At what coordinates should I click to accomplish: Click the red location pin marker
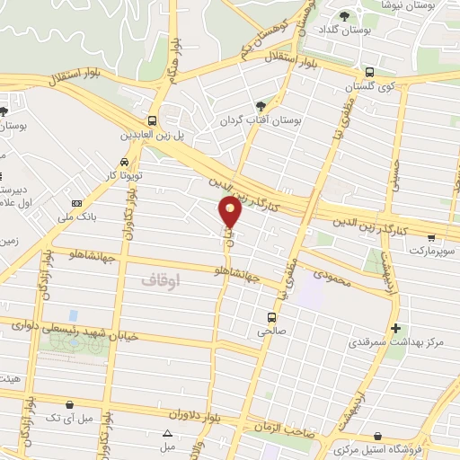(231, 211)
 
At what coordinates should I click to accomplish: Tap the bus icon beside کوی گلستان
(368, 73)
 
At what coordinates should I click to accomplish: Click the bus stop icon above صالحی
(270, 316)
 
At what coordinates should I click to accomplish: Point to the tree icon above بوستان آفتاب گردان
(261, 105)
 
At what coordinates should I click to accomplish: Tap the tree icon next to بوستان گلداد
(344, 15)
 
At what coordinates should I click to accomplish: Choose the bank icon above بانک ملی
(76, 204)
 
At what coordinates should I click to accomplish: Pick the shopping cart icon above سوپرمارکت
(432, 238)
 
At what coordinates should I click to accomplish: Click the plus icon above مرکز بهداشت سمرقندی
(396, 328)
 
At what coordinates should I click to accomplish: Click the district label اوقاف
(161, 280)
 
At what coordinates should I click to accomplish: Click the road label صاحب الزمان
(279, 427)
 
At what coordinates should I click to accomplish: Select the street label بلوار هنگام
(173, 66)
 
